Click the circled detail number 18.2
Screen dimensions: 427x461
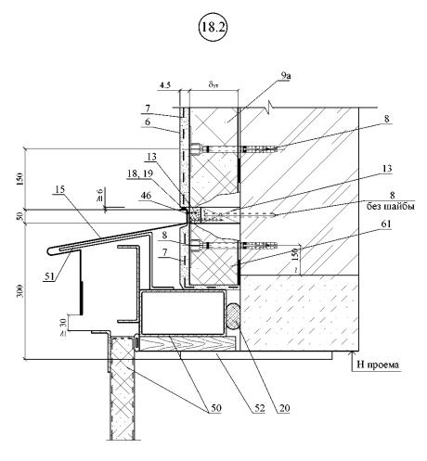click(x=213, y=27)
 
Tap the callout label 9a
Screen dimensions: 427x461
click(x=284, y=76)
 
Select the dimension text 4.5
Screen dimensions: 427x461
click(x=164, y=85)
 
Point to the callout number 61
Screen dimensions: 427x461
click(x=385, y=224)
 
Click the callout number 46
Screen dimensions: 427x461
click(x=146, y=195)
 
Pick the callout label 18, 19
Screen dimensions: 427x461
click(x=140, y=173)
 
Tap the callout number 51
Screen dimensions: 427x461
click(x=49, y=276)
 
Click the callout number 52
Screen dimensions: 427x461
click(x=260, y=408)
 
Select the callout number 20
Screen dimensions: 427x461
click(x=284, y=408)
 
